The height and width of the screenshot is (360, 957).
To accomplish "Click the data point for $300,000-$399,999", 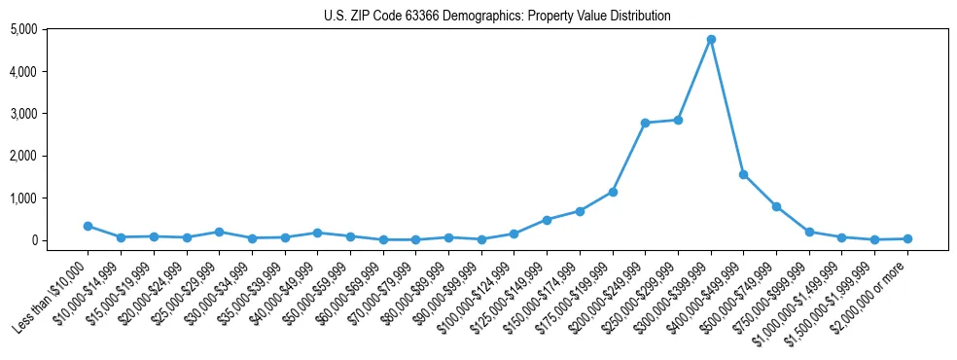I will point(711,39).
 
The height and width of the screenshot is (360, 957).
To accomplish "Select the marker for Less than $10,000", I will point(88,226).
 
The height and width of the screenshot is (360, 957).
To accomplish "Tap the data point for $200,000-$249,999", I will point(645,123).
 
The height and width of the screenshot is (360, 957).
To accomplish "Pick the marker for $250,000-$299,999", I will point(678,120).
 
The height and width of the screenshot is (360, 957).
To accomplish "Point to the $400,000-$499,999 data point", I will point(743,174).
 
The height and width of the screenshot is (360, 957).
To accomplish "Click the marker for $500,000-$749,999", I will point(776,206).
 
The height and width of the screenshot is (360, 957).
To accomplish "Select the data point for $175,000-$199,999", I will point(613,192).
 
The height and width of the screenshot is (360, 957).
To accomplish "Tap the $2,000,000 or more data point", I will point(907,238).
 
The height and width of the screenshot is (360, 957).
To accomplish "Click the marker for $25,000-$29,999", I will point(219,232).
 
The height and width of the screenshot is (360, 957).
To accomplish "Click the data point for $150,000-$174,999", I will point(580,211).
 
